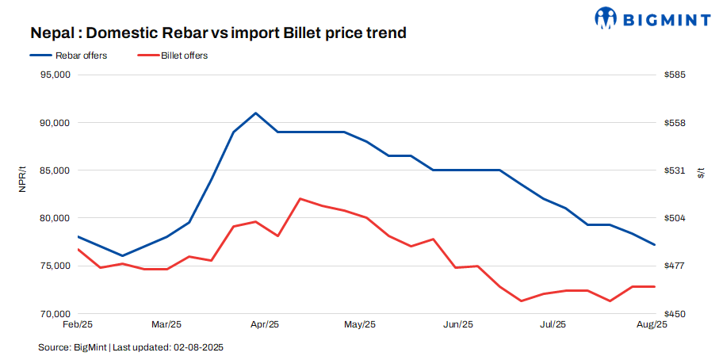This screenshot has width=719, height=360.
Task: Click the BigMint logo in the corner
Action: point(652,17)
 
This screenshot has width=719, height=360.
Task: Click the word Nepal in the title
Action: point(54,33)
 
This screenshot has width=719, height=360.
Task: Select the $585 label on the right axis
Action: point(675,75)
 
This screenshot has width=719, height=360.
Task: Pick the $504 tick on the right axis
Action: point(675,218)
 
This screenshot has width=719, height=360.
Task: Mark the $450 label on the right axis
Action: point(675,314)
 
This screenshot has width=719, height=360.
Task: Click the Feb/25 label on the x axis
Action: point(78,325)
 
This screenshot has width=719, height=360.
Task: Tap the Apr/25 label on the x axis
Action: point(264,325)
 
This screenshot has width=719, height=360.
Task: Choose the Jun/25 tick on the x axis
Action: point(457,325)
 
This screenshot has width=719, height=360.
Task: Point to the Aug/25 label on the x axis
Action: point(651,325)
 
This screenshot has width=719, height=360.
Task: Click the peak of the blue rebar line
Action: point(255,113)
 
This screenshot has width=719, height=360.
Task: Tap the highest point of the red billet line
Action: point(300,198)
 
